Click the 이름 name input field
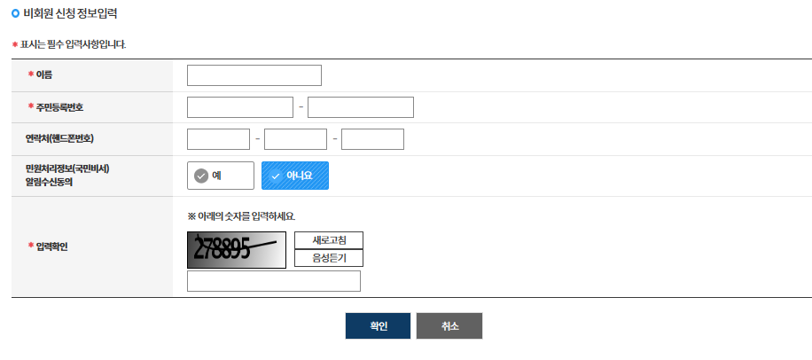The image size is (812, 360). coord(254,75)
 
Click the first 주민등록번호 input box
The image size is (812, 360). coord(240,107)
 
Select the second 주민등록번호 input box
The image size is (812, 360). coord(361,107)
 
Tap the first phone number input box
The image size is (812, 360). coord(219,139)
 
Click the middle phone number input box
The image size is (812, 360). coord(296,139)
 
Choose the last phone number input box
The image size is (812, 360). coord(372,139)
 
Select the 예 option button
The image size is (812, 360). coord(221,176)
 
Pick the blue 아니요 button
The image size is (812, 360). coord(295,176)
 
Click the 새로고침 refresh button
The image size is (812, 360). coord(329,240)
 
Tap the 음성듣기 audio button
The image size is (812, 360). coord(329,258)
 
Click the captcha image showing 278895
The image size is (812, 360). coord(237,250)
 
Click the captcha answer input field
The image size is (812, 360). coord(274,281)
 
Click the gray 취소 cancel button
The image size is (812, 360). coord(449,325)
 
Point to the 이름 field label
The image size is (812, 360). coord(44,75)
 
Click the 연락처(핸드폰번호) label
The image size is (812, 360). coord(60,139)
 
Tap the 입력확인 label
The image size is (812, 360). coord(51,246)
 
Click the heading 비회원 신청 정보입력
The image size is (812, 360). coord(70,14)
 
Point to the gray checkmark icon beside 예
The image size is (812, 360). coord(201,176)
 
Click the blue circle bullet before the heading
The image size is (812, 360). coord(16,14)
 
